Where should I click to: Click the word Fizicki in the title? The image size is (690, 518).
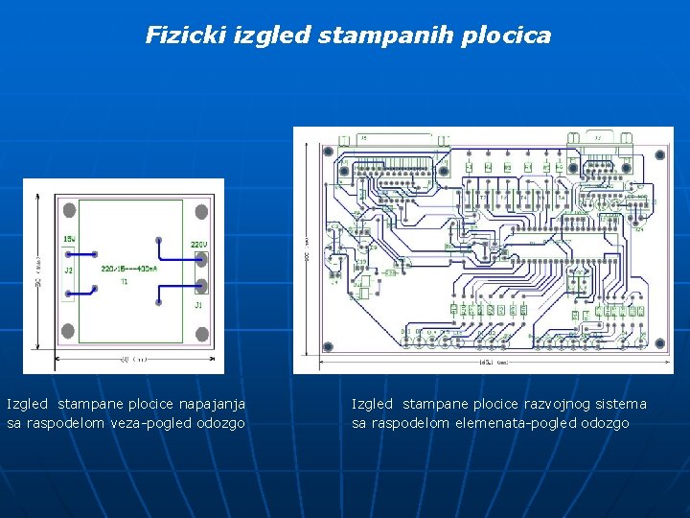(172, 35)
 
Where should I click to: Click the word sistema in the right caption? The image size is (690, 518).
(621, 405)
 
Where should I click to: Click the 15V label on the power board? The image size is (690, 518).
(69, 238)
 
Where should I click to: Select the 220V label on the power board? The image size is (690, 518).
(198, 245)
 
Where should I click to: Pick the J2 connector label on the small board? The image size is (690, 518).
(68, 271)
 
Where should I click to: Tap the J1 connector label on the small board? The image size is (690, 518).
(198, 305)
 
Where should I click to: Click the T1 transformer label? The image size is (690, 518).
(125, 282)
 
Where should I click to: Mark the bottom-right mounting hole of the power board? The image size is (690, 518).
(201, 334)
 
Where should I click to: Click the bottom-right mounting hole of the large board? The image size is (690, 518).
(658, 342)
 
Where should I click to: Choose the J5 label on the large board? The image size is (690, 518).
(363, 138)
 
